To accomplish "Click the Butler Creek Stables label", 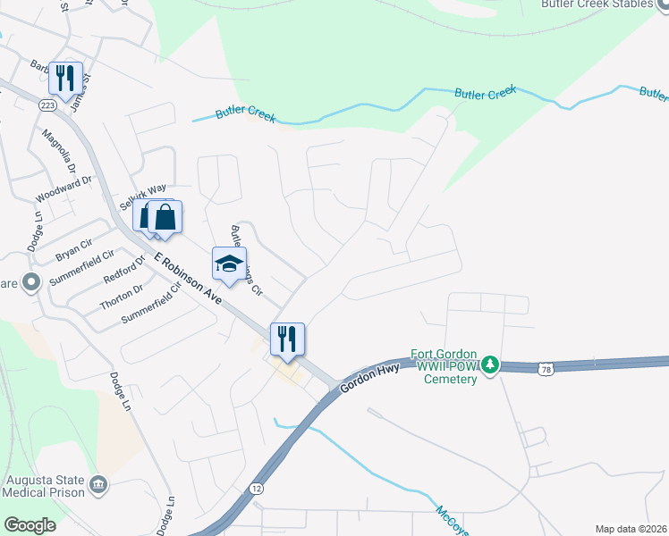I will pos(605,4).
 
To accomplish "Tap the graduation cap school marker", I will pos(229,264).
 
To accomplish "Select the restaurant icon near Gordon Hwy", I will pos(287,339).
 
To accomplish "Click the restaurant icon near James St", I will pos(65,79).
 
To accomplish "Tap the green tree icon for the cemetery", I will pos(489,364).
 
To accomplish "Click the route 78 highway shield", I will pos(546,369).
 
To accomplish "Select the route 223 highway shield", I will pos(47,105).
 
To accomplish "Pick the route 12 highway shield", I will pos(257,488).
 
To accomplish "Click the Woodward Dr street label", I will pos(64,188).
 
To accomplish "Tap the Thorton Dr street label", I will pos(122,298).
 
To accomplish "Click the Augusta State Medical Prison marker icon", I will pos(99,485).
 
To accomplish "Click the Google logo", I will pos(30,525).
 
